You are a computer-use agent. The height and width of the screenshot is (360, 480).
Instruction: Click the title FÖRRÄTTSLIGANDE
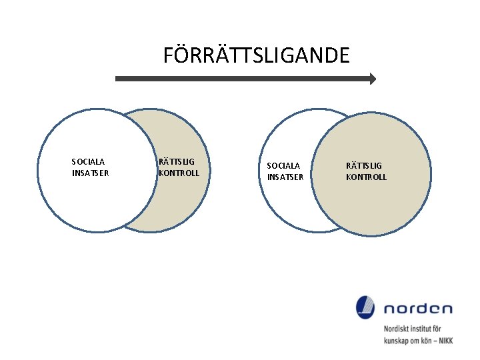[256, 55]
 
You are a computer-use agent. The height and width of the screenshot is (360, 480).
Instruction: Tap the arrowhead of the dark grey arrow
[372, 79]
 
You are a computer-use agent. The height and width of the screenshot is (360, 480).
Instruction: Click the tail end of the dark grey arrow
[118, 79]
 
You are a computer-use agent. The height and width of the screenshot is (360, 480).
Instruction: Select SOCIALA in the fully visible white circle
[88, 161]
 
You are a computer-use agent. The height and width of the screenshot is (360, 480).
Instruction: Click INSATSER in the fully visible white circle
[90, 173]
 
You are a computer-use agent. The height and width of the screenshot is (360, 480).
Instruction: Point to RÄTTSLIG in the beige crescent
[177, 161]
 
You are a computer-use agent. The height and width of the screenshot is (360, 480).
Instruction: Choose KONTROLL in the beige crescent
[179, 173]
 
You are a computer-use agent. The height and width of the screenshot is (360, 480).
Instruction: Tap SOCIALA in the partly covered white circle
[283, 165]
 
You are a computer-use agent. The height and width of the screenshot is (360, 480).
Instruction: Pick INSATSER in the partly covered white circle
[285, 177]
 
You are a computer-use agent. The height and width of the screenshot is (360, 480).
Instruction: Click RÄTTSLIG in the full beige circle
[364, 165]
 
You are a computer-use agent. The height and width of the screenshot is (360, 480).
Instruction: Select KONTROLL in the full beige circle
[366, 177]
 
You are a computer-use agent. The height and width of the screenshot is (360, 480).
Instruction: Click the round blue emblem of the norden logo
[365, 307]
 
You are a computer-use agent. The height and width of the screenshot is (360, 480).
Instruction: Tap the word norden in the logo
[418, 309]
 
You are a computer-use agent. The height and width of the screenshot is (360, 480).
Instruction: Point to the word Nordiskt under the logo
[397, 329]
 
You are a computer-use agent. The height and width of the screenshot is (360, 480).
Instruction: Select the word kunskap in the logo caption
[397, 340]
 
